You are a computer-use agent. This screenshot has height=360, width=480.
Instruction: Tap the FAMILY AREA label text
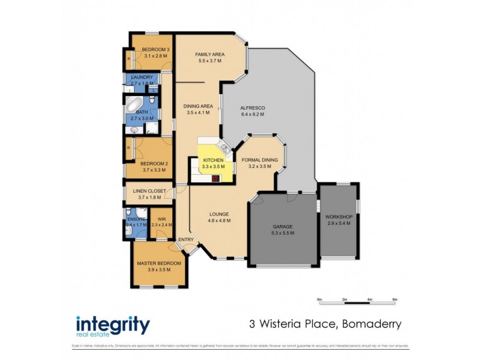(x=209, y=55)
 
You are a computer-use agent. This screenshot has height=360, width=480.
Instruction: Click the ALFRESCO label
(x=253, y=108)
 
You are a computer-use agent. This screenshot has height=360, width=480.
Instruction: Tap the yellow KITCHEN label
(x=213, y=160)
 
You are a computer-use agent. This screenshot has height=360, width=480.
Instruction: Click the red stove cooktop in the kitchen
(x=215, y=178)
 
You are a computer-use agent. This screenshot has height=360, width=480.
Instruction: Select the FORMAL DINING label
(x=259, y=160)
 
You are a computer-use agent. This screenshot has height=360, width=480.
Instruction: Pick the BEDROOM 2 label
(x=154, y=164)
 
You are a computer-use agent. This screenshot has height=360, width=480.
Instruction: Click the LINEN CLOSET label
(x=149, y=191)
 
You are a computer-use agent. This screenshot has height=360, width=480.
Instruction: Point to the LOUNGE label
(x=219, y=214)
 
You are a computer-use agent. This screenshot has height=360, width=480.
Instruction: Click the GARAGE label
(x=283, y=226)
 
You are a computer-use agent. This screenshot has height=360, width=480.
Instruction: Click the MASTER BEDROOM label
(x=159, y=263)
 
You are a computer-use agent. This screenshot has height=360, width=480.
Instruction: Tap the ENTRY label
(x=186, y=240)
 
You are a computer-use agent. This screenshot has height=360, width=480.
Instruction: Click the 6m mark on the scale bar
(x=394, y=299)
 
